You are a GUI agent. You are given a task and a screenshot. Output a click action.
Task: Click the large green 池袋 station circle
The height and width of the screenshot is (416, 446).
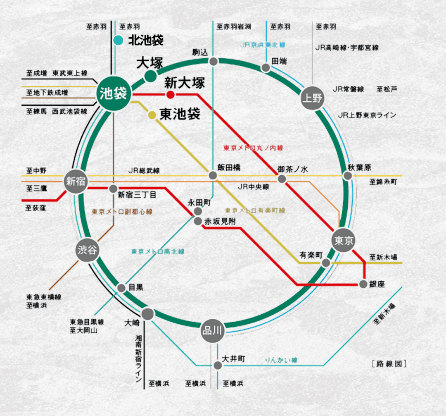(x=113, y=94)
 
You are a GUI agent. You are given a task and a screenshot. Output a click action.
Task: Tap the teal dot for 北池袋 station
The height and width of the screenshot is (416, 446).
(x=118, y=41)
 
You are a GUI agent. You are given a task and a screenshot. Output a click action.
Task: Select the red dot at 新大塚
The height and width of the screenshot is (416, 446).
(x=170, y=95)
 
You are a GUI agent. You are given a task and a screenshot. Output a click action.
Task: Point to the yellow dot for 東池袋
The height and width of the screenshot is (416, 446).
(x=152, y=115)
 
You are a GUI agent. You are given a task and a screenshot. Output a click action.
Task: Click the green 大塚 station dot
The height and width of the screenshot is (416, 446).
(x=150, y=76)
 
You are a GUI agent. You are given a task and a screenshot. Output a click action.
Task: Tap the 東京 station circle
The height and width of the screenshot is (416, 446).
(x=343, y=240)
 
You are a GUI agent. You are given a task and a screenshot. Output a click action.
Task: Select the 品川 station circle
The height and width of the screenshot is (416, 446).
(x=213, y=331)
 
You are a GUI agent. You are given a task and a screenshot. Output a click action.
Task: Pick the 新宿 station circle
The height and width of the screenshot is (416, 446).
(x=75, y=182)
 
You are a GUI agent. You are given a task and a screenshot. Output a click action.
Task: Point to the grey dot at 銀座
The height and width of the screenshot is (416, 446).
(x=363, y=284)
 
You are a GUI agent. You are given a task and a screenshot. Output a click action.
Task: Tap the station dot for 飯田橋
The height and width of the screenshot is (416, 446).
(x=213, y=175)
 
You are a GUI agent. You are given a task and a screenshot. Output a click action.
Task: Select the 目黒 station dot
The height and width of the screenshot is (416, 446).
(x=121, y=288)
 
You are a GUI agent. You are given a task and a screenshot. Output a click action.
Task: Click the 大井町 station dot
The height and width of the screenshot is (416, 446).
(x=217, y=365)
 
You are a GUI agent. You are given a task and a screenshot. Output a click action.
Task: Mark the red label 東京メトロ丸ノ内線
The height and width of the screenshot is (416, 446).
(x=253, y=148)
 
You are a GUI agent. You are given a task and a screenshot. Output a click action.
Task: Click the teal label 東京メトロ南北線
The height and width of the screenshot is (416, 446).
(x=158, y=251)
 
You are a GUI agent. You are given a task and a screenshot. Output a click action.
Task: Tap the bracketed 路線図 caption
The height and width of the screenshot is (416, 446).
(x=389, y=364)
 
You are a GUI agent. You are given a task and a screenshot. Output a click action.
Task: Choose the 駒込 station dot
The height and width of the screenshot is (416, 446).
(x=213, y=62)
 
